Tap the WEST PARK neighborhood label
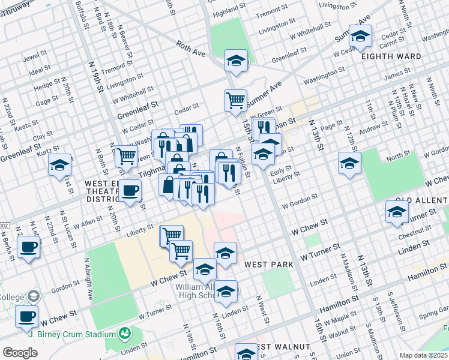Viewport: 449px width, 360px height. click(268, 264)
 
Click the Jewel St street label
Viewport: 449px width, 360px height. click(35, 57)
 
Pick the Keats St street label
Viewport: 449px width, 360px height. click(26, 127)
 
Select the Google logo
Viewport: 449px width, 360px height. click(20, 353)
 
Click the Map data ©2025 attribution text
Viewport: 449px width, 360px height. click(424, 355)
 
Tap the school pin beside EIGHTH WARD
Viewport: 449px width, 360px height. click(360, 37)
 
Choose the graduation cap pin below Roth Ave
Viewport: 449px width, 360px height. click(237, 61)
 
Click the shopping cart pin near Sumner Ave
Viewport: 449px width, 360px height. click(235, 100)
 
